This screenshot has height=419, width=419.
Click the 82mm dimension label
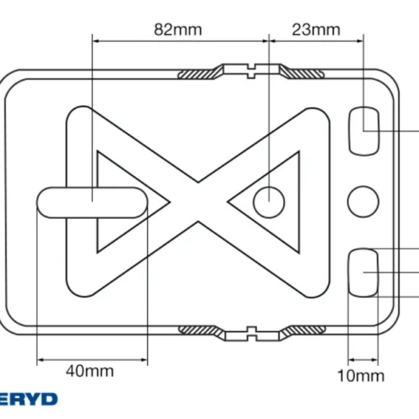tap(178, 29)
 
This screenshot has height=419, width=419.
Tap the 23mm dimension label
tap(316, 29)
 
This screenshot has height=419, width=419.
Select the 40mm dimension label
tap(90, 372)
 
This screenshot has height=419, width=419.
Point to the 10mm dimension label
tap(361, 376)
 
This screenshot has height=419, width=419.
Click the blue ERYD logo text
tap(28, 399)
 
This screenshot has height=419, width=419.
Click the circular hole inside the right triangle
tap(269, 203)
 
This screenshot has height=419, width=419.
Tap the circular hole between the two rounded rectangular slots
tap(363, 202)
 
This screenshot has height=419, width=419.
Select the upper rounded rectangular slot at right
tap(364, 131)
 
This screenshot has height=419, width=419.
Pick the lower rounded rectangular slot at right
tap(363, 272)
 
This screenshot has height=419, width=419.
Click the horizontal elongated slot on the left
tap(92, 203)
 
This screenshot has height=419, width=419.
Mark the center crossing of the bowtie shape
tap(198, 203)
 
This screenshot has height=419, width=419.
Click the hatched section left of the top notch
tap(200, 73)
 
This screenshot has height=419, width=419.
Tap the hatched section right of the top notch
tap(302, 73)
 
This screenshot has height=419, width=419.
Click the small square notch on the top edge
tap(251, 71)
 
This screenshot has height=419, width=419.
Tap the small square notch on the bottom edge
tap(251, 334)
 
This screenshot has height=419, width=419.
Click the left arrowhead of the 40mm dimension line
tap(40, 360)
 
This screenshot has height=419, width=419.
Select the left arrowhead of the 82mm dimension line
tap(96, 41)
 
